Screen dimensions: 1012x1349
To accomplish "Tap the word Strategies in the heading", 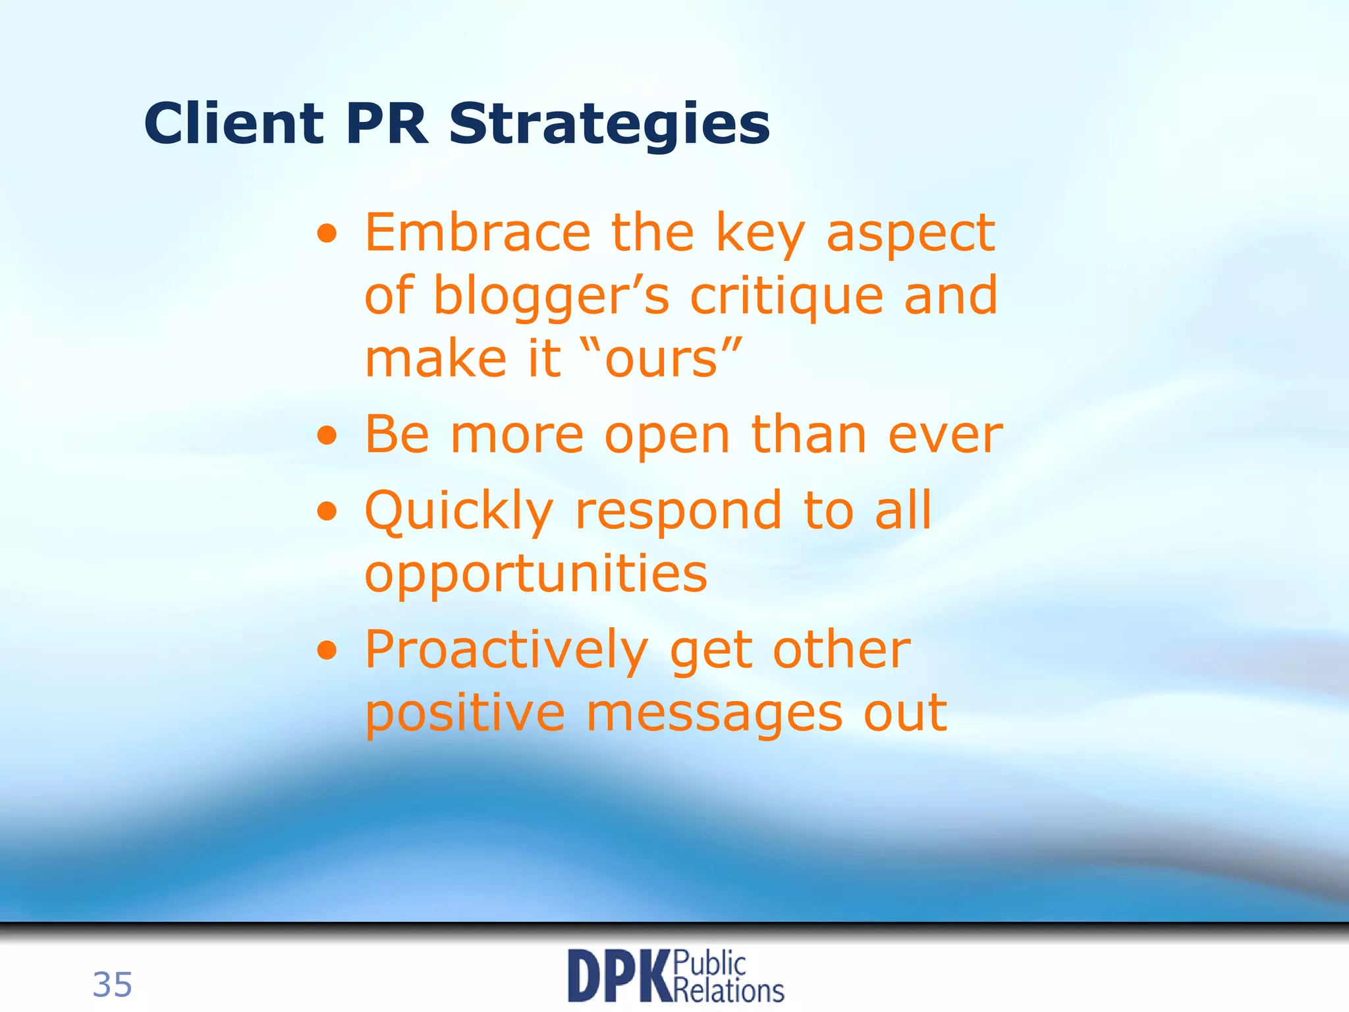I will [609, 125].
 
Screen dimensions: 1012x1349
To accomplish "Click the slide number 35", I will [112, 985].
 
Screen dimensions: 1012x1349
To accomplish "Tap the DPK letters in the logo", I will [619, 976].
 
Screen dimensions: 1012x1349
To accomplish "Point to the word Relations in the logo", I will [730, 990].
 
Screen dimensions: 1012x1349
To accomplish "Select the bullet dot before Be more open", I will [327, 436].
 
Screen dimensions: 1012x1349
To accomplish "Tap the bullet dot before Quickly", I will [327, 511].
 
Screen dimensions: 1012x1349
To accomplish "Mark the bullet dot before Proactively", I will [327, 651].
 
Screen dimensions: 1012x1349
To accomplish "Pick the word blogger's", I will [551, 296].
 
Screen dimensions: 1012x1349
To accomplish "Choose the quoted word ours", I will [661, 359].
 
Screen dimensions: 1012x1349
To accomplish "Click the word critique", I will [786, 296].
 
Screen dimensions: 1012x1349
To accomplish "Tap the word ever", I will [945, 436].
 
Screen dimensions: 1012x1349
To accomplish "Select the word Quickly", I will [458, 513].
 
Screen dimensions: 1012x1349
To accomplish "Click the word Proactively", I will [506, 651].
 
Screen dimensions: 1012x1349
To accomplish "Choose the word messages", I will [714, 714].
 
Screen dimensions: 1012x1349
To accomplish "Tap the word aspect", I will [910, 235].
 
